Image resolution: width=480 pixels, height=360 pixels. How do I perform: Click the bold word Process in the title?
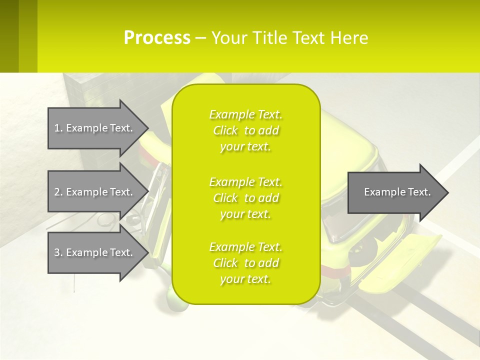157,38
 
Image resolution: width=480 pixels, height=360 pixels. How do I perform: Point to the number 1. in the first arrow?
58,128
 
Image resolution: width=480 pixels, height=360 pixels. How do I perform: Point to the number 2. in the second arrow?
58,192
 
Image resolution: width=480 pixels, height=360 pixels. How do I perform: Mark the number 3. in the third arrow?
58,252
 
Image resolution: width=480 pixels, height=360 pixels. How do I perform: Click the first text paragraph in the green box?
245,130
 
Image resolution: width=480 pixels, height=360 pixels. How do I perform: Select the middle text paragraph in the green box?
245,198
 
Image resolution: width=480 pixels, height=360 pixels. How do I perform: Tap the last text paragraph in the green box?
245,263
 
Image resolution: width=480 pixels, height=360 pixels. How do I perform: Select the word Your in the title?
228,38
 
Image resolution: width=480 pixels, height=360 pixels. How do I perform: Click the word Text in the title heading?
308,38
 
